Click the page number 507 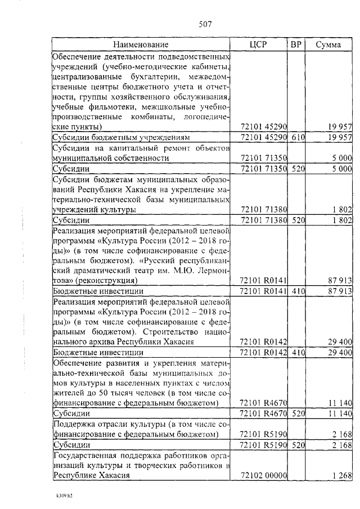205,24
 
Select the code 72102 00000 263,475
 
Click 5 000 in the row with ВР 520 341,168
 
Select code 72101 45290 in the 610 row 263,137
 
